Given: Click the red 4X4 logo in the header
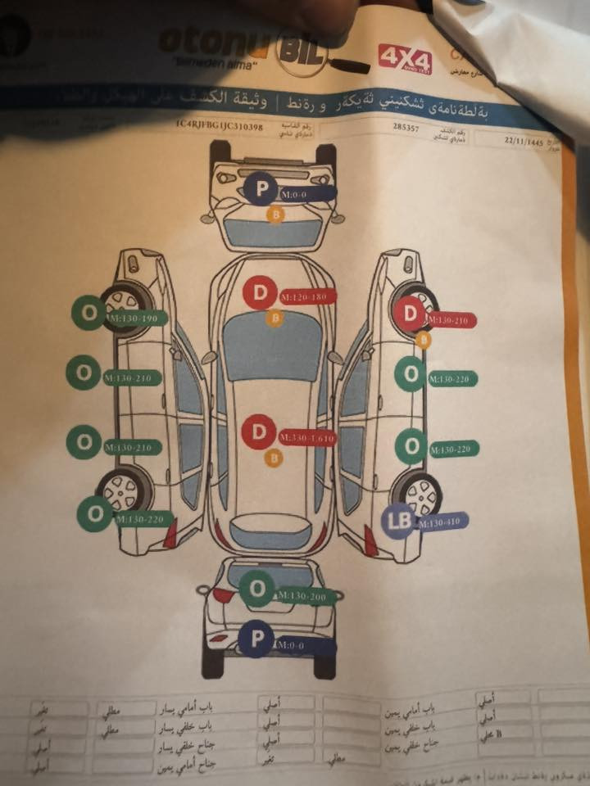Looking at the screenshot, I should coord(405,56).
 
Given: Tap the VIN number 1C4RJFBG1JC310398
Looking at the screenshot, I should coord(218,126).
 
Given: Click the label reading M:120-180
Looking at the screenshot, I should coord(308,296).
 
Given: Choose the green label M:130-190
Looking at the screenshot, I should coord(135,318).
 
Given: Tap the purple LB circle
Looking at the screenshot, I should coord(401,520).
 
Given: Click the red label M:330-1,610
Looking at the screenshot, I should coord(307,437).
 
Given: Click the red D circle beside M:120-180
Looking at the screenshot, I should coord(260,293).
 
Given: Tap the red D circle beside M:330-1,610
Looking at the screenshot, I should coord(260,432).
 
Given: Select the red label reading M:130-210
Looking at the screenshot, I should coord(450,320).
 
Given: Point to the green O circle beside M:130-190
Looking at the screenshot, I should coord(87,312).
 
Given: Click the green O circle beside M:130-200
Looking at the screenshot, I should coord(257,589).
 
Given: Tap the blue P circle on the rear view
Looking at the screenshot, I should coord(255,639).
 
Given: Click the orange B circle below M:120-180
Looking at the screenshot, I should coord(275,318).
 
